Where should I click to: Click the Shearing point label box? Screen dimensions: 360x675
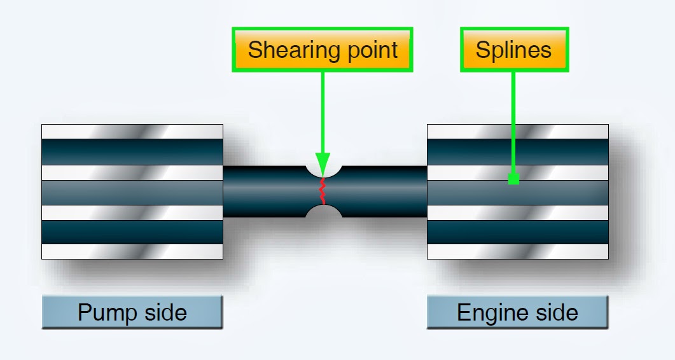pos(323,50)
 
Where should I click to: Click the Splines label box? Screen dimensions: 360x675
pos(513,50)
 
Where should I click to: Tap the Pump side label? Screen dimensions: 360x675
pos(132,312)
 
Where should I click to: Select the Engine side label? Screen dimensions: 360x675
pos(517,312)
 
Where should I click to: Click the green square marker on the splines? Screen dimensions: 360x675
pos(514,179)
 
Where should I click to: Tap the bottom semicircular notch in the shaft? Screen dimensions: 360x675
pos(324,212)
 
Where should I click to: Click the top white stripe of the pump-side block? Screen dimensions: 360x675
pos(132,132)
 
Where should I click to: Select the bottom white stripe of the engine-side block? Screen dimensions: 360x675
pos(517,251)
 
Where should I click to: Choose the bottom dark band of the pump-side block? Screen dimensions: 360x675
pos(132,232)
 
